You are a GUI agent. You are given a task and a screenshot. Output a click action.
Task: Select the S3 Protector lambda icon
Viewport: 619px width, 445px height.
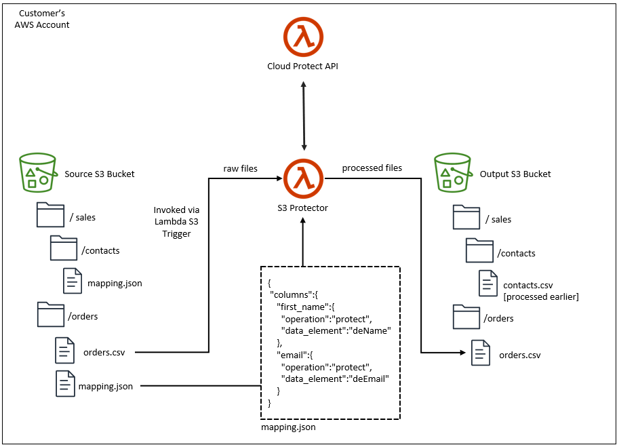coord(303,179)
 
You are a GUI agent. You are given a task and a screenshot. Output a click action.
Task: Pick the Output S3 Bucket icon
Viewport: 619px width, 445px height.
coord(452,173)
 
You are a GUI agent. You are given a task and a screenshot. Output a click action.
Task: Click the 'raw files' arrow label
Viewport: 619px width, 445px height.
coord(241,168)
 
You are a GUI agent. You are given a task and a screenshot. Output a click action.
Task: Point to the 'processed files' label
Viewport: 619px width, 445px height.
coord(372,168)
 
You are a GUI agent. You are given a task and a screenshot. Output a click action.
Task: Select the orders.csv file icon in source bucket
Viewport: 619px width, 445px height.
coord(65,351)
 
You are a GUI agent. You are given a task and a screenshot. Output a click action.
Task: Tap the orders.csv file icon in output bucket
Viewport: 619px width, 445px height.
coord(481,353)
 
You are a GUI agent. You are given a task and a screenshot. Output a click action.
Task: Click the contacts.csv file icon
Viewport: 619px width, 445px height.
coord(488,283)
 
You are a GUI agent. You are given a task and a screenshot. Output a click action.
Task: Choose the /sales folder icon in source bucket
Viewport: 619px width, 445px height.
coord(50,216)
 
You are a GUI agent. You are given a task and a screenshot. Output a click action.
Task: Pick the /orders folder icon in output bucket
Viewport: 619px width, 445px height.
coord(466,317)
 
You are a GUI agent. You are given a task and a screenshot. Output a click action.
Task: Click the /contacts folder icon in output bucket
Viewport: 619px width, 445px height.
coord(479,252)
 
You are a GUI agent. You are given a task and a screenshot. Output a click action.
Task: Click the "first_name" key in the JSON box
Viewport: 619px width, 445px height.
coord(300,307)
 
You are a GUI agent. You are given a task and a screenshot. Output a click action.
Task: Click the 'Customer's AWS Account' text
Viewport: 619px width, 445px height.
coord(42,19)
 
